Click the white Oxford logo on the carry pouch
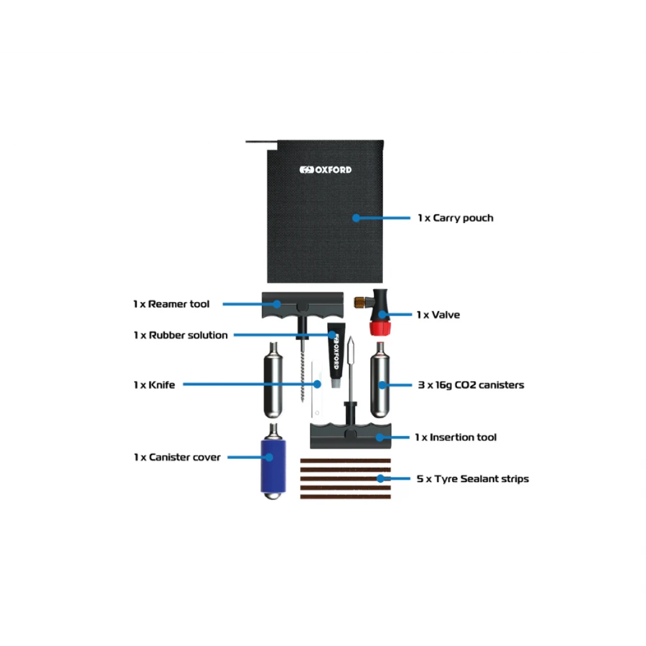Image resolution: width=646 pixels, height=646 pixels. (x=325, y=170)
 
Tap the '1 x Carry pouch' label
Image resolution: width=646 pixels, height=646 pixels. (x=455, y=218)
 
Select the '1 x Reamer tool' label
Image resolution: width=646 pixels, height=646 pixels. (x=172, y=304)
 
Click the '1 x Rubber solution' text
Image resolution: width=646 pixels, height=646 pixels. (x=181, y=335)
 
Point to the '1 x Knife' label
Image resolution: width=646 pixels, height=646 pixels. (x=154, y=385)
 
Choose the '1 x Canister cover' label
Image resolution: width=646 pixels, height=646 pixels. (x=177, y=458)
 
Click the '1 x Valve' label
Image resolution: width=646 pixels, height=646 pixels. (x=438, y=315)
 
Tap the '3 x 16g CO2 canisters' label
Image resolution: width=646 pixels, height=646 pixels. (x=471, y=385)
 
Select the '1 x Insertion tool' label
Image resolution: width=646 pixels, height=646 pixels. (x=456, y=437)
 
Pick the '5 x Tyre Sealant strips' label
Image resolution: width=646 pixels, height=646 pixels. (x=473, y=479)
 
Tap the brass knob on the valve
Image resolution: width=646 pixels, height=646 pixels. (x=359, y=303)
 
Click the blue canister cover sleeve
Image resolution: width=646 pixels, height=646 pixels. (x=273, y=466)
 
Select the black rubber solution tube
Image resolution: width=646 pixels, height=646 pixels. (x=336, y=354)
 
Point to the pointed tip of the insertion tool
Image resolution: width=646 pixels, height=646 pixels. (x=351, y=337)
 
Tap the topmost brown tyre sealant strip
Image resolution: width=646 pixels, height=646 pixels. (x=345, y=461)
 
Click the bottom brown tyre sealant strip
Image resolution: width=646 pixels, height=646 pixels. (x=345, y=497)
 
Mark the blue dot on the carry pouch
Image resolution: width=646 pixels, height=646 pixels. (x=356, y=218)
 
